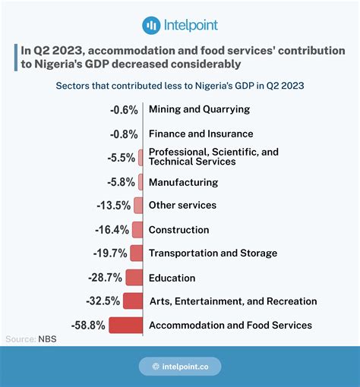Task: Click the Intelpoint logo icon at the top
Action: pos(151,25)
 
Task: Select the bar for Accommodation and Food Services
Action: pos(126,325)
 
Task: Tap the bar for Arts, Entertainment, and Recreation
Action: pos(133,300)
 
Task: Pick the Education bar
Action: pos(134,278)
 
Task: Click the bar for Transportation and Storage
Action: pos(137,253)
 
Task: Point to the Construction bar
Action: pos(137,230)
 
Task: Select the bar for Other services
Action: pos(138,205)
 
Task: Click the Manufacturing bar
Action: pos(141,182)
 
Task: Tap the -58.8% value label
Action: pos(88,326)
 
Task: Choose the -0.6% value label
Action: pos(124,110)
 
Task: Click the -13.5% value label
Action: pos(114,206)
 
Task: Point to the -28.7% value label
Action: pos(105,278)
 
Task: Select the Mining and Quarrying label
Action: pos(199,109)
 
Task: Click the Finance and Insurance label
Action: pos(201,134)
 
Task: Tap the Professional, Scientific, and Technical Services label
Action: pos(213,156)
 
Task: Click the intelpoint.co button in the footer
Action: pos(180,367)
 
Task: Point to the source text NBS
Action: pos(47,339)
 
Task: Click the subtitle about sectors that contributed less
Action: pos(180,86)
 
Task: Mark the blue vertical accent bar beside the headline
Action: pos(16,58)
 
